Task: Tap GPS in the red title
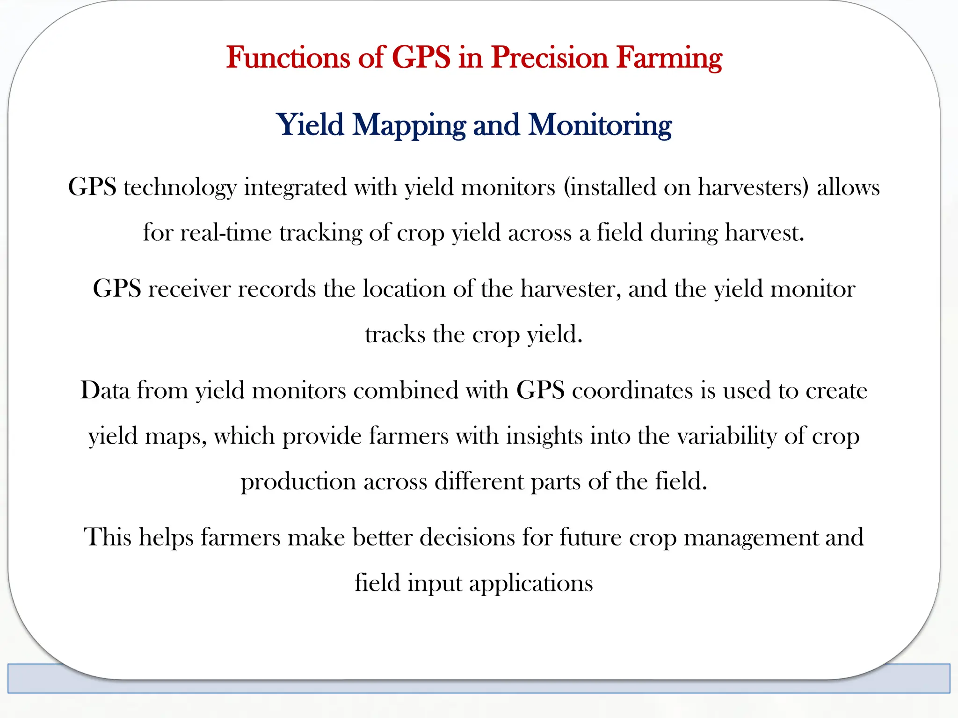point(421,58)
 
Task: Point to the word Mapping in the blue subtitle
point(409,125)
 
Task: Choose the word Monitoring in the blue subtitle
point(600,125)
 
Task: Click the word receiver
point(189,289)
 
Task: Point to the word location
point(404,289)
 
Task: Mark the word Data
point(105,390)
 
